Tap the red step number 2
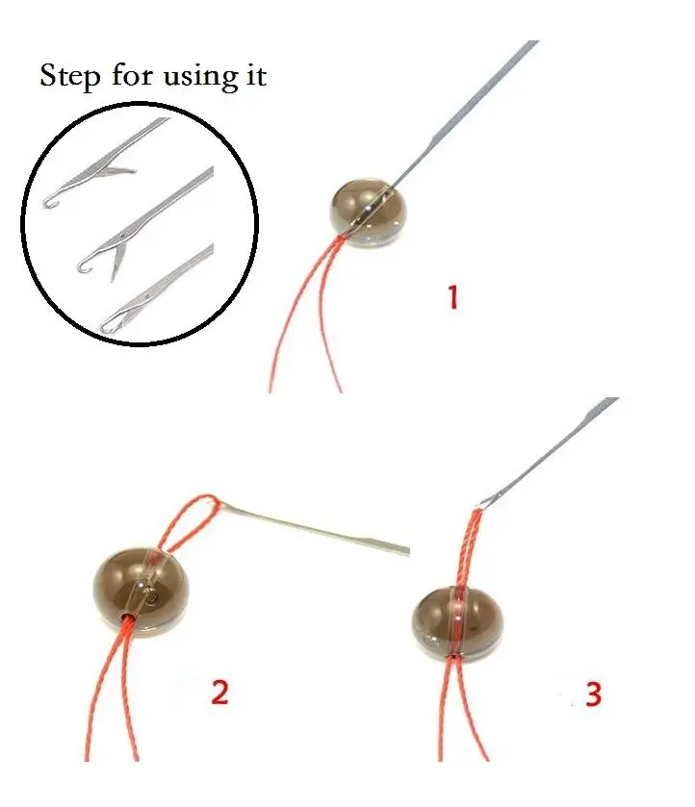(220, 691)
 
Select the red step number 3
(593, 694)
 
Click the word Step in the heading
(69, 77)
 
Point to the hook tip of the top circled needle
(48, 201)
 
